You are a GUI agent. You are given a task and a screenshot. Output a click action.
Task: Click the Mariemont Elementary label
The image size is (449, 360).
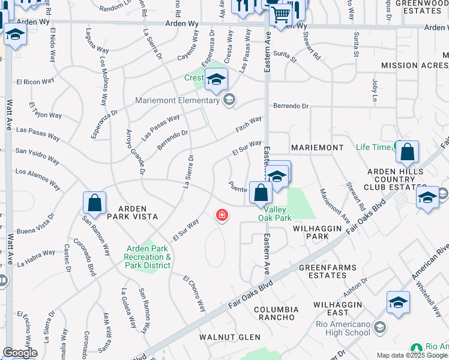[x=176, y=100]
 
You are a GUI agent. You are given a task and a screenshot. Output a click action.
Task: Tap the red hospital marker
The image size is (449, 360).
[x=222, y=215]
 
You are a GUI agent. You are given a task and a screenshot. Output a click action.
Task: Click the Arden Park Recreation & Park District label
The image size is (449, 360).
[x=149, y=257]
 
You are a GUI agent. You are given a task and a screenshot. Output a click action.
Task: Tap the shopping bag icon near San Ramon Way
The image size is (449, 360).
[x=95, y=204]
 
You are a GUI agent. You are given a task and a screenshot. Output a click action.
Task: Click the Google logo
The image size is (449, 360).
[x=20, y=353]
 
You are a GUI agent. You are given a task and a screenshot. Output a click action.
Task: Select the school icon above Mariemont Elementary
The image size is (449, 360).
[x=216, y=79]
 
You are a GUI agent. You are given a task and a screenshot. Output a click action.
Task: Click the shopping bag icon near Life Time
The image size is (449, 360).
[x=408, y=153]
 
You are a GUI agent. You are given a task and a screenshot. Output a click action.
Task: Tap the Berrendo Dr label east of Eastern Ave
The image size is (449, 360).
[x=291, y=106]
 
